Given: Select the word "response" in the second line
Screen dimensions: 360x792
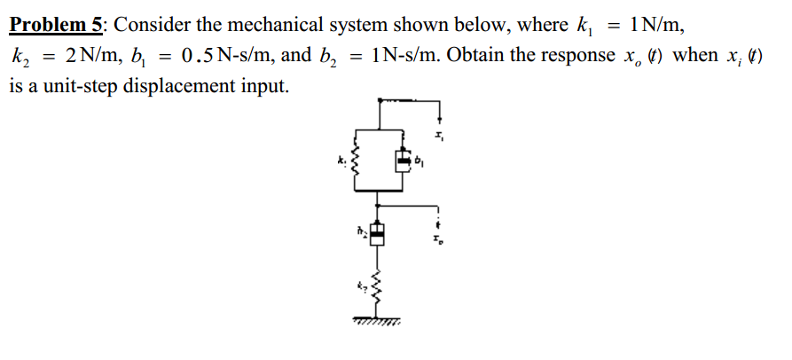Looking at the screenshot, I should [569, 55].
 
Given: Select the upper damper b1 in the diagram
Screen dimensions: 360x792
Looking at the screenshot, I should [404, 161].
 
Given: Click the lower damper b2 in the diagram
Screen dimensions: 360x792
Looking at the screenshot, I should [378, 232].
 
